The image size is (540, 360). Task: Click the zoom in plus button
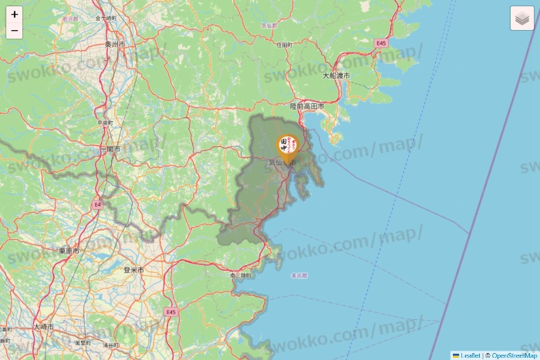tap(14, 14)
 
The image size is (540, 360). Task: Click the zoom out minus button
tap(14, 31)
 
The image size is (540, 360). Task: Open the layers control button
tap(522, 19)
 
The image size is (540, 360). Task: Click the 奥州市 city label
tap(116, 45)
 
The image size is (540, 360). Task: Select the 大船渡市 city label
tap(336, 76)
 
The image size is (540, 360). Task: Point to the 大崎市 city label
tap(44, 327)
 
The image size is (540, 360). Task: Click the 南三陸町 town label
tap(241, 274)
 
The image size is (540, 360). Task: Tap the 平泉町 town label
tap(106, 123)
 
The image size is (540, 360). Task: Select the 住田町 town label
tap(284, 45)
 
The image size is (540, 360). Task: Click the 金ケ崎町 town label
tap(106, 17)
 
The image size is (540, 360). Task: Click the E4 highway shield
tap(97, 204)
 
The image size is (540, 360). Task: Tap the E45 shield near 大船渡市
tap(381, 43)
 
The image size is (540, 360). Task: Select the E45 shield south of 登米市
tap(170, 311)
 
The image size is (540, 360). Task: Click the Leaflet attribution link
tap(470, 355)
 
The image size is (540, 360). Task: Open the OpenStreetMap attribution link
tap(515, 355)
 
